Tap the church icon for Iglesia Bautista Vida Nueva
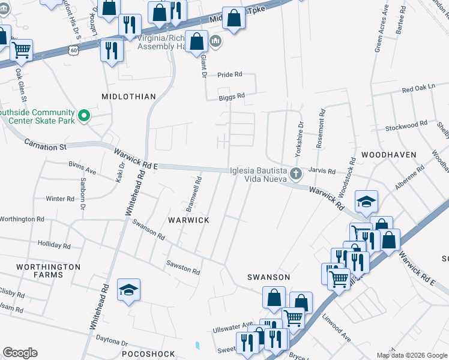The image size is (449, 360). (x=295, y=175)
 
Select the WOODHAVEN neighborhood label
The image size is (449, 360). (x=389, y=154)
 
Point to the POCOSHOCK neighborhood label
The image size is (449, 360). (x=148, y=354)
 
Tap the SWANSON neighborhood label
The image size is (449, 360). (x=269, y=277)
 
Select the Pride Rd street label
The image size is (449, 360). (x=229, y=74)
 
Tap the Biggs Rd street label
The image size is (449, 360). (x=232, y=96)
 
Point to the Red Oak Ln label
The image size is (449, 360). (x=418, y=88)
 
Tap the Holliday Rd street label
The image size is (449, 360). (x=50, y=245)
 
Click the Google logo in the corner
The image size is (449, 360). (x=20, y=353)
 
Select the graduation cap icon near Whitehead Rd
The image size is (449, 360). (x=129, y=290)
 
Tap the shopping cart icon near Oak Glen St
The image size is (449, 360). (x=22, y=49)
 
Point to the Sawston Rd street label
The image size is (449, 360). (x=184, y=268)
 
